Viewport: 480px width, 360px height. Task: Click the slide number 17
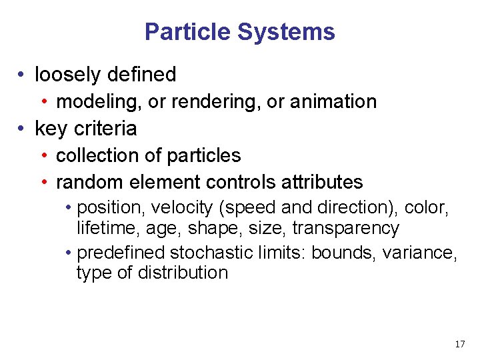click(459, 344)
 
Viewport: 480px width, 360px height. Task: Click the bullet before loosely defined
click(23, 75)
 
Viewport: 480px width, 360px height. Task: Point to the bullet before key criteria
click(23, 128)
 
